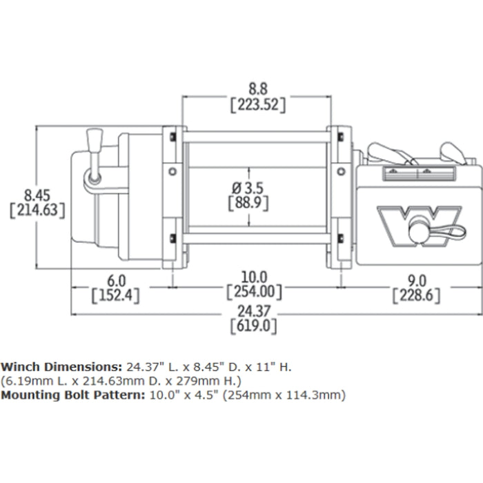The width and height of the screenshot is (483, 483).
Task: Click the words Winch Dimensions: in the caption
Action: (x=61, y=366)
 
